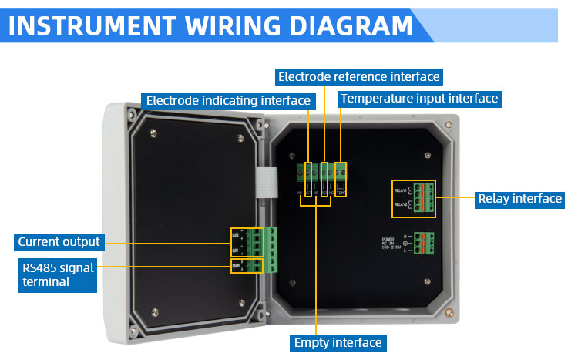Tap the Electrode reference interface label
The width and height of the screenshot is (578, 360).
(x=358, y=76)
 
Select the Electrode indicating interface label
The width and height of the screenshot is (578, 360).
(x=228, y=100)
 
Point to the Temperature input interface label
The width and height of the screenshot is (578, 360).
(x=419, y=99)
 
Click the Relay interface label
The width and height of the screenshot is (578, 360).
(x=519, y=198)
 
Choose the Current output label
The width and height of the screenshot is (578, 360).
(x=59, y=241)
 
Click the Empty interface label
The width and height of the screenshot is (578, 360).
(x=338, y=342)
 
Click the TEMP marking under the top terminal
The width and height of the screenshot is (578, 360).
(x=341, y=191)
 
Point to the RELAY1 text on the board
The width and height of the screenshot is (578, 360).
(x=402, y=188)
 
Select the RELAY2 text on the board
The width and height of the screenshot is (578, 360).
(x=402, y=204)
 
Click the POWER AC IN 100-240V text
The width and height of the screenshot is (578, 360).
(x=394, y=244)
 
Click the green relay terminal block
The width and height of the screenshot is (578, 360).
(x=424, y=197)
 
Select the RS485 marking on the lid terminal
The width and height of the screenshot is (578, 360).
(x=235, y=266)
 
